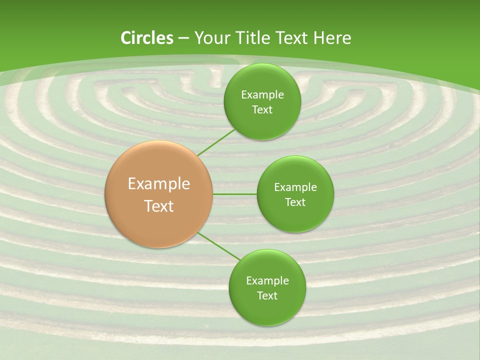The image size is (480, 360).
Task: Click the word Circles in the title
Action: click(147, 38)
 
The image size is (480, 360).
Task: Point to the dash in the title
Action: click(183, 38)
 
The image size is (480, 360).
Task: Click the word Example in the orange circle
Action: click(159, 184)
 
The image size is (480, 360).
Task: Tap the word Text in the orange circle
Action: click(159, 206)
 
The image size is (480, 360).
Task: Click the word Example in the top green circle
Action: click(262, 95)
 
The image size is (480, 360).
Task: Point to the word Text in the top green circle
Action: click(262, 110)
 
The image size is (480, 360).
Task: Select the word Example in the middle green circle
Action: click(295, 187)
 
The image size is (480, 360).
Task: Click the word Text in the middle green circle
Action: click(295, 202)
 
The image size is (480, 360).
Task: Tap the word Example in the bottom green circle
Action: click(267, 281)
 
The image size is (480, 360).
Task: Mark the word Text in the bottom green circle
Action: click(267, 296)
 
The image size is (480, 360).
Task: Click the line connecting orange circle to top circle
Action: click(216, 142)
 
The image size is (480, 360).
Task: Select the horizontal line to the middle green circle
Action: click(235, 194)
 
